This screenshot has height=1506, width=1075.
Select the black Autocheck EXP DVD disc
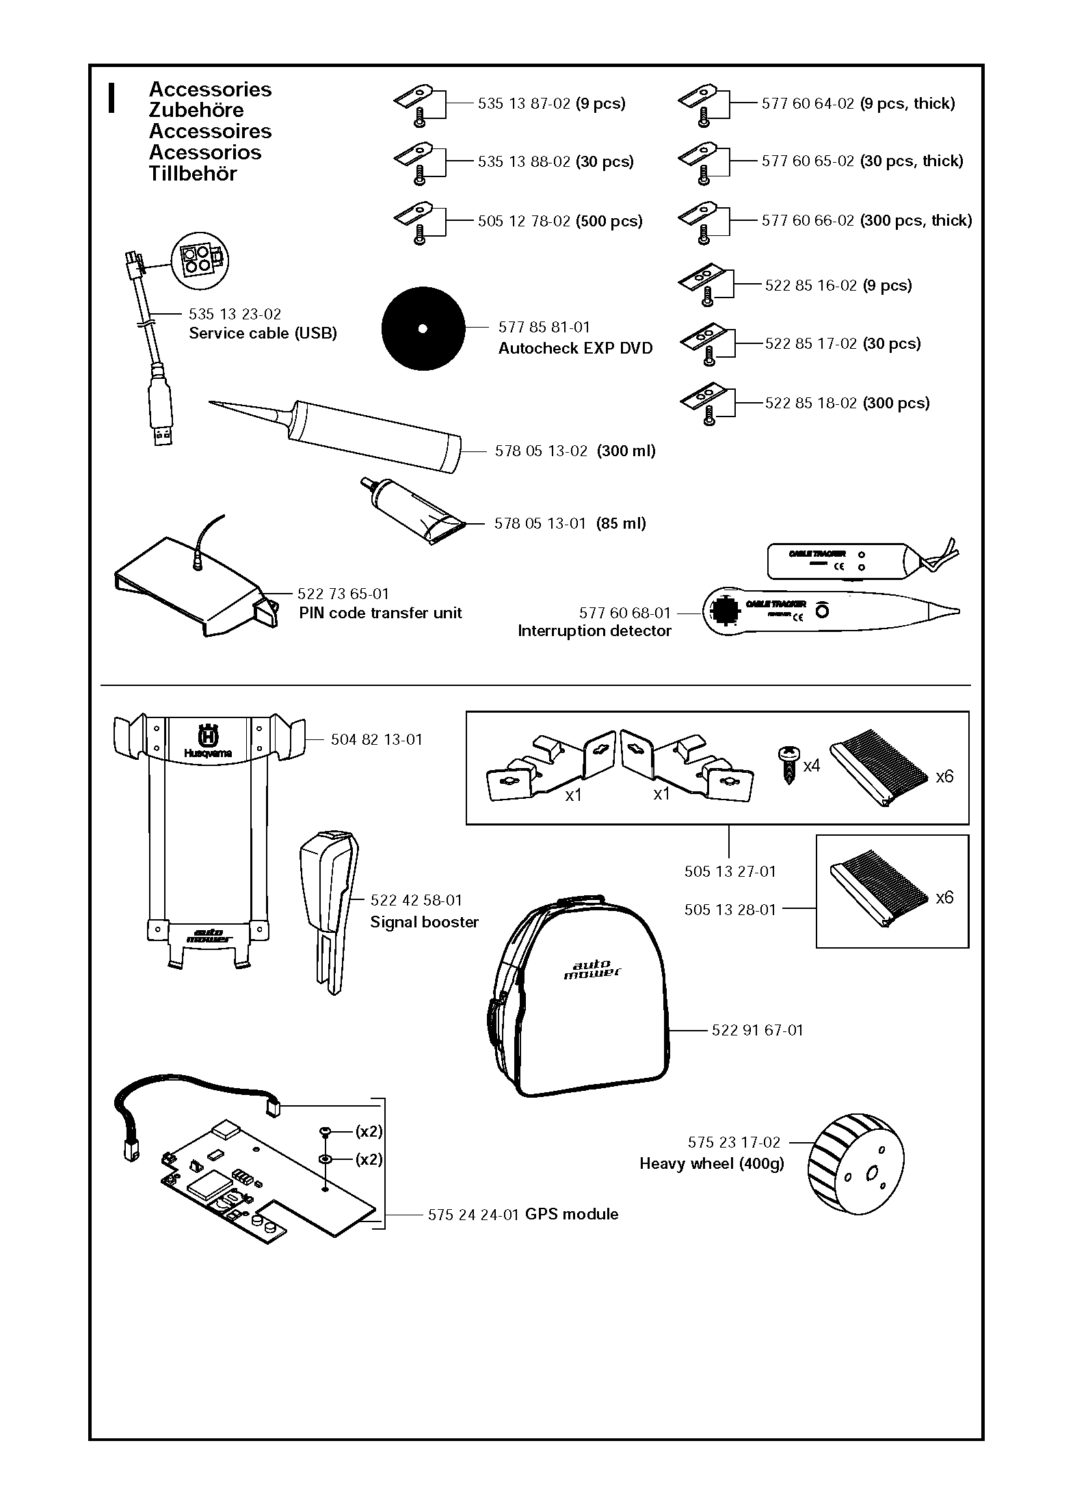(423, 329)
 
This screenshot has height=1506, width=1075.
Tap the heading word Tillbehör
(193, 174)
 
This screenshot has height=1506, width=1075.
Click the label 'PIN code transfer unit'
(380, 613)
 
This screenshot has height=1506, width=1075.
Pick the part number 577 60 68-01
(624, 613)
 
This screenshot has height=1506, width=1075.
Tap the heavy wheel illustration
(855, 1172)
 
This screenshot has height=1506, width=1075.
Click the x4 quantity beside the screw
(811, 765)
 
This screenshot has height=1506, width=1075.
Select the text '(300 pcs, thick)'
(916, 220)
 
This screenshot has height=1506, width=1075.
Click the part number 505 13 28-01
(730, 910)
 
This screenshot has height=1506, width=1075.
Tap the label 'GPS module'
(571, 1214)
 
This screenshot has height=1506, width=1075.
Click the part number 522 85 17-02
(810, 343)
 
